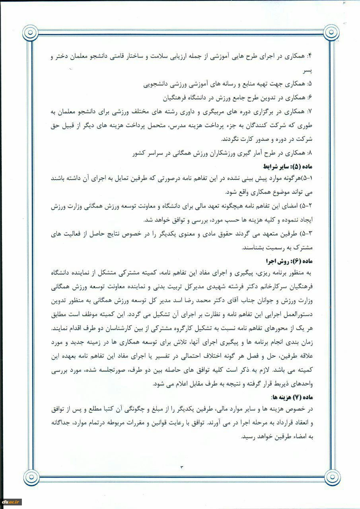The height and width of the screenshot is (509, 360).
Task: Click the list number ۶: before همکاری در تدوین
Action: click(x=311, y=97)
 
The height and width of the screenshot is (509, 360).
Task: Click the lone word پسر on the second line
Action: click(x=306, y=71)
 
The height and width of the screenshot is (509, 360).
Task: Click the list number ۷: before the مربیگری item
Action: click(x=311, y=111)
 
